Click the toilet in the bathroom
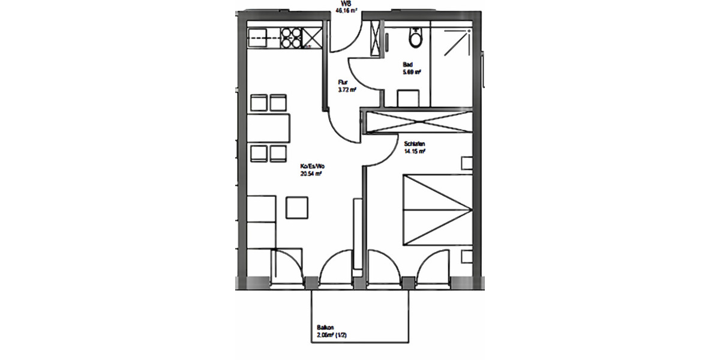[414, 37]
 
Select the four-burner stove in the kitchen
[292, 38]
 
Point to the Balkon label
[325, 329]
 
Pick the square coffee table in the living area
[298, 207]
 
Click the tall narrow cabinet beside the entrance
[376, 38]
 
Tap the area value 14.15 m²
[415, 152]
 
